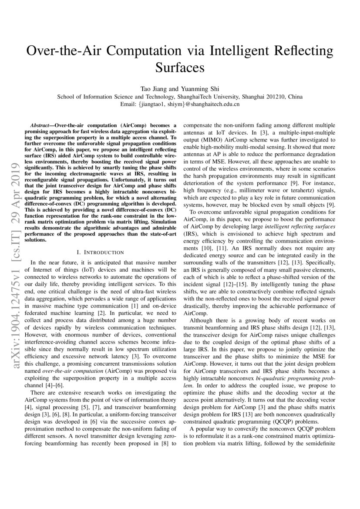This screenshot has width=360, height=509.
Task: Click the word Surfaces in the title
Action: pos(180,68)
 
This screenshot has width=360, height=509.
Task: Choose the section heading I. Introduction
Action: pos(100,252)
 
